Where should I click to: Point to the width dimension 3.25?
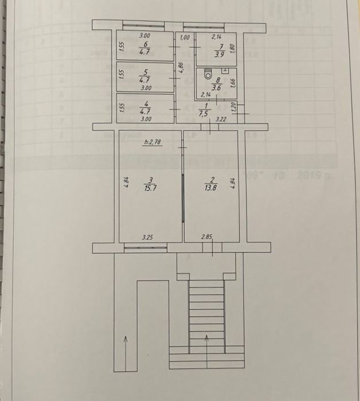pyautogui.click(x=147, y=236)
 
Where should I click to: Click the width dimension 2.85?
pyautogui.click(x=206, y=236)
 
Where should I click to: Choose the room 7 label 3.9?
pyautogui.click(x=218, y=55)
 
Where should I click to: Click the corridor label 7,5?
pyautogui.click(x=203, y=114)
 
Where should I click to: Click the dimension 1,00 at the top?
pyautogui.click(x=185, y=37)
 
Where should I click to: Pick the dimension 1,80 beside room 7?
pyautogui.click(x=232, y=48)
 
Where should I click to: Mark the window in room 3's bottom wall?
pyautogui.click(x=146, y=248)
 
